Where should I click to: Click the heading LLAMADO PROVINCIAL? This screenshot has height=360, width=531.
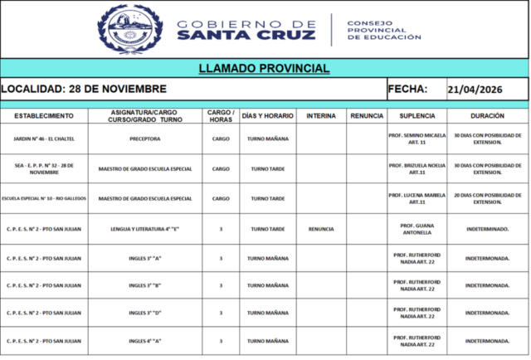pyautogui.click(x=265, y=68)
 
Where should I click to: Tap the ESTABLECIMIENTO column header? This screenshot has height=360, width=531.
pyautogui.click(x=43, y=115)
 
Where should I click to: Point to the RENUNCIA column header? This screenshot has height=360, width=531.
pyautogui.click(x=366, y=115)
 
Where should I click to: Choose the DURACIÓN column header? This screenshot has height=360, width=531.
pyautogui.click(x=487, y=115)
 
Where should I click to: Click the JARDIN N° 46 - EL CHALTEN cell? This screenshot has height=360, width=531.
pyautogui.click(x=43, y=139)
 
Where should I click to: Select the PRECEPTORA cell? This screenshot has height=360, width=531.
pyautogui.click(x=145, y=139)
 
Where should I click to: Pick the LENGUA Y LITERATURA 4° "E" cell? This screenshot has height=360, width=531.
pyautogui.click(x=145, y=228)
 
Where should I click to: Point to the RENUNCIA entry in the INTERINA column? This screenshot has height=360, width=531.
pyautogui.click(x=321, y=228)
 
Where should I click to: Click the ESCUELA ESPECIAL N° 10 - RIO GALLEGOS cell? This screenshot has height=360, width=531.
pyautogui.click(x=43, y=198)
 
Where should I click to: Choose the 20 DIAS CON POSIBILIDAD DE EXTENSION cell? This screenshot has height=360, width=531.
pyautogui.click(x=487, y=198)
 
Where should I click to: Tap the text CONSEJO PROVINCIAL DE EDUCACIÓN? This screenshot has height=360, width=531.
pyautogui.click(x=383, y=30)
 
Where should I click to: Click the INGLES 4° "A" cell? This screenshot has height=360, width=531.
pyautogui.click(x=145, y=341)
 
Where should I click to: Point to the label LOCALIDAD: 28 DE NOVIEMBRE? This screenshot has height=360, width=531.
pyautogui.click(x=84, y=90)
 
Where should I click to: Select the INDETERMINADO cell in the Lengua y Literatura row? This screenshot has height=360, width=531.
pyautogui.click(x=487, y=228)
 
